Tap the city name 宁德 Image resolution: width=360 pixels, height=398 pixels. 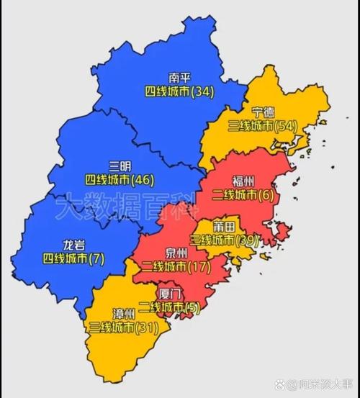[x=262, y=112]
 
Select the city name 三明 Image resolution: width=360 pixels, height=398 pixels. [x=119, y=165]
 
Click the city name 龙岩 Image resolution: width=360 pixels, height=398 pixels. [x=63, y=244]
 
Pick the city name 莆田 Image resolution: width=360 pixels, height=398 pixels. [x=224, y=227]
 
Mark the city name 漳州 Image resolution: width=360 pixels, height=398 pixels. [x=123, y=314]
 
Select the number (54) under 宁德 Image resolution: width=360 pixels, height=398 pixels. [x=287, y=125]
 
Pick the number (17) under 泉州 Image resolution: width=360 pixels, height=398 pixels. [x=197, y=268]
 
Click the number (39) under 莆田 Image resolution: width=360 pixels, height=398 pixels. [x=246, y=240]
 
